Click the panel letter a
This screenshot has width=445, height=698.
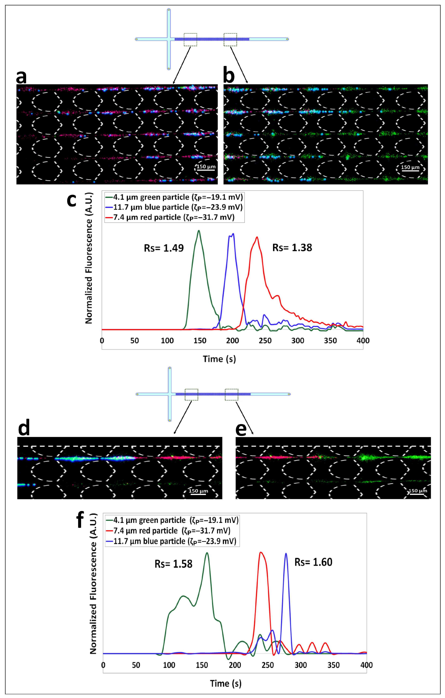pyautogui.click(x=22, y=76)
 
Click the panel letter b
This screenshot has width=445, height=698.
pyautogui.click(x=229, y=76)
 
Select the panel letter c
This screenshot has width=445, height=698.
pyautogui.click(x=72, y=200)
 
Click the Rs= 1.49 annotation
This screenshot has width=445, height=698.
pyautogui.click(x=164, y=248)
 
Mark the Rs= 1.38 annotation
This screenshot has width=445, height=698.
pyautogui.click(x=292, y=248)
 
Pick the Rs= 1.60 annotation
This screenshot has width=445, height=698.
pyautogui.click(x=313, y=562)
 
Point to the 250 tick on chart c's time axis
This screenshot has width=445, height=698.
pyautogui.click(x=265, y=341)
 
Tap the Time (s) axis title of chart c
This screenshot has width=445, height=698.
pyautogui.click(x=219, y=359)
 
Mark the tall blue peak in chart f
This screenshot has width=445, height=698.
pyautogui.click(x=286, y=553)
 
